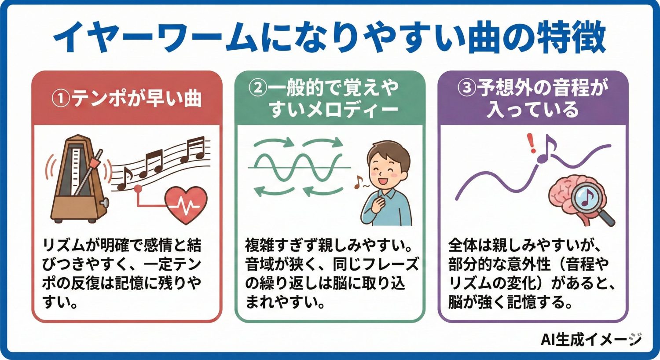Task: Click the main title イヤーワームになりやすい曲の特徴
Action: click(x=330, y=38)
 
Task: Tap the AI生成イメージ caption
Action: click(x=591, y=339)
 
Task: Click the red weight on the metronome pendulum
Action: click(x=93, y=164)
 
